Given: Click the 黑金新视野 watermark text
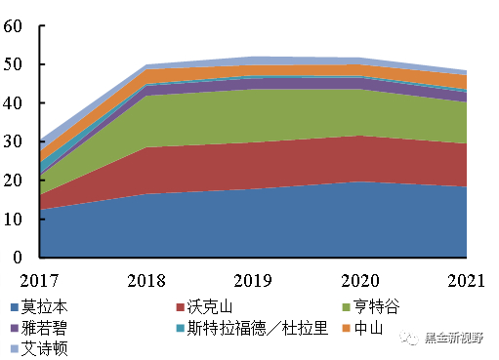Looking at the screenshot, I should coord(460,339).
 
